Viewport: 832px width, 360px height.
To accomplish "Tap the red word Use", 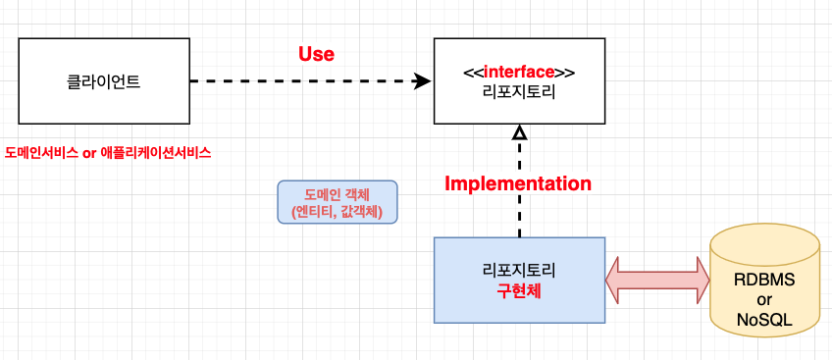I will tap(316, 54).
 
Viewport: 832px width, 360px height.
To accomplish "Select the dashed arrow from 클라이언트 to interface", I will tap(304, 80).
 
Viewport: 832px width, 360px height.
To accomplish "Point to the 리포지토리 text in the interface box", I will tap(519, 91).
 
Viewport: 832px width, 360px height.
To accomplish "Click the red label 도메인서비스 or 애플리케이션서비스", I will tap(108, 153).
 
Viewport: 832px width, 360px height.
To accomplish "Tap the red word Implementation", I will tap(518, 183).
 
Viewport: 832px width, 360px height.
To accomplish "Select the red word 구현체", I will tap(519, 290).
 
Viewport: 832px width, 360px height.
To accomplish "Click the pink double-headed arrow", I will tap(657, 280).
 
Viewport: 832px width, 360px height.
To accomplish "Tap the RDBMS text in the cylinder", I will tap(764, 279).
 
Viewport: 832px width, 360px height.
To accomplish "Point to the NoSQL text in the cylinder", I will tap(764, 320).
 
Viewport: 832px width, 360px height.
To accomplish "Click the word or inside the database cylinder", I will tap(764, 299).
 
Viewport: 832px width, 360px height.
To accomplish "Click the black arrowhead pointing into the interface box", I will tap(424, 80).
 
